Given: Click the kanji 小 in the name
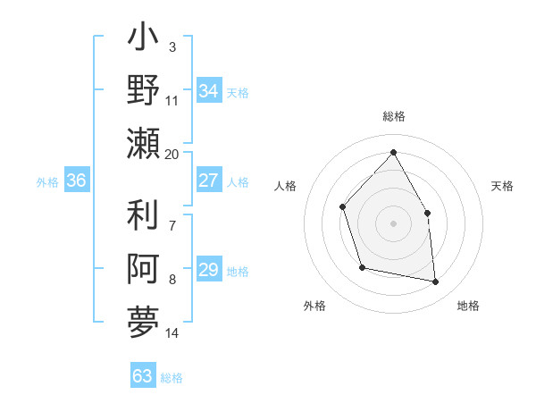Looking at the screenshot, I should coord(144,41).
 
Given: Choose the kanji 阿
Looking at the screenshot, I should coord(144,269).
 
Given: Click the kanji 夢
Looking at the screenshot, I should coord(144,321).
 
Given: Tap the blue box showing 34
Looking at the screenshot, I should coord(208,91).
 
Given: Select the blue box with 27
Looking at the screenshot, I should coord(208,181).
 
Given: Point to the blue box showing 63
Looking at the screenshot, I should coord(142,376).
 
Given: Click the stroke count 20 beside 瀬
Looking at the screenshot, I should coord(172,155).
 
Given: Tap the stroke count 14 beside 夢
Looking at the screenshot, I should coord(172,333).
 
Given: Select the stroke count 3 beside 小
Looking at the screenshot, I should coord(172,46).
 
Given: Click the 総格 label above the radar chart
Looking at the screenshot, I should coord(393,117).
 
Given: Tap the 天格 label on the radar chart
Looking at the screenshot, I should coord(503,186).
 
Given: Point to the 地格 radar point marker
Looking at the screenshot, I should coord(436,282).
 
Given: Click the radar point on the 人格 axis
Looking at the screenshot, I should coord(343,207).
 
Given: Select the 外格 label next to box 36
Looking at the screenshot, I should coord(47,182).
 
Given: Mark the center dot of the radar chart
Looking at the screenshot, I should coord(393,223).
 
